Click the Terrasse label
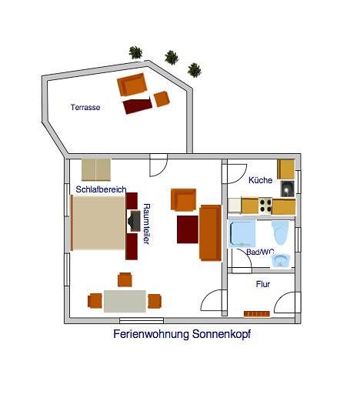pos(85,107)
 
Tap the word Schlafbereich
pos(101,189)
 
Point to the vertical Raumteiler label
pos(146,224)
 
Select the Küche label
pos(260,180)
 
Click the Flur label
pos(263,284)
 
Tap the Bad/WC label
pos(260,252)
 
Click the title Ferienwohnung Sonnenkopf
pos(182,334)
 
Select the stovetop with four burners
pos(265,206)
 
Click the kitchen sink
pos(288,189)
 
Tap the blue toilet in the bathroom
pos(280,232)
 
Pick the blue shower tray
pos(242,233)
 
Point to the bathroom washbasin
pos(281,261)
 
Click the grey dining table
pos(125,301)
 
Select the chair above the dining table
pos(125,279)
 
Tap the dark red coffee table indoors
pos(188,229)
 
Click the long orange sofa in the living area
pos(210,232)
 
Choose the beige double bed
pos(98,222)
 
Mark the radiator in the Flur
pos(257,314)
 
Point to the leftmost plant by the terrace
pos(135,52)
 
